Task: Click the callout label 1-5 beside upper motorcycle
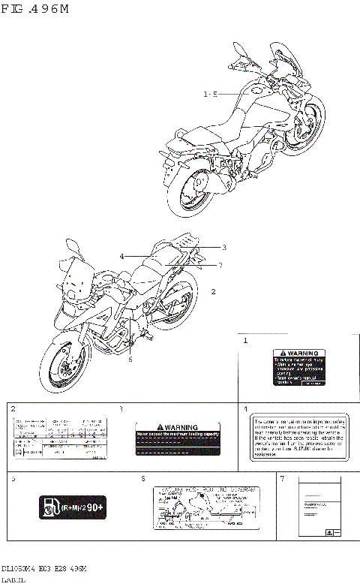[x=210, y=95]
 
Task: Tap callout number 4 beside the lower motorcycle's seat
[x=121, y=257]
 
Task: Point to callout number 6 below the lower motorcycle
[x=130, y=360]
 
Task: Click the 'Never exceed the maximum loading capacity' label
[x=177, y=438]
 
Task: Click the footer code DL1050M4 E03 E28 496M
[x=43, y=569]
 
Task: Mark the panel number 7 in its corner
[x=282, y=478]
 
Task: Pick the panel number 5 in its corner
[x=13, y=478]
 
